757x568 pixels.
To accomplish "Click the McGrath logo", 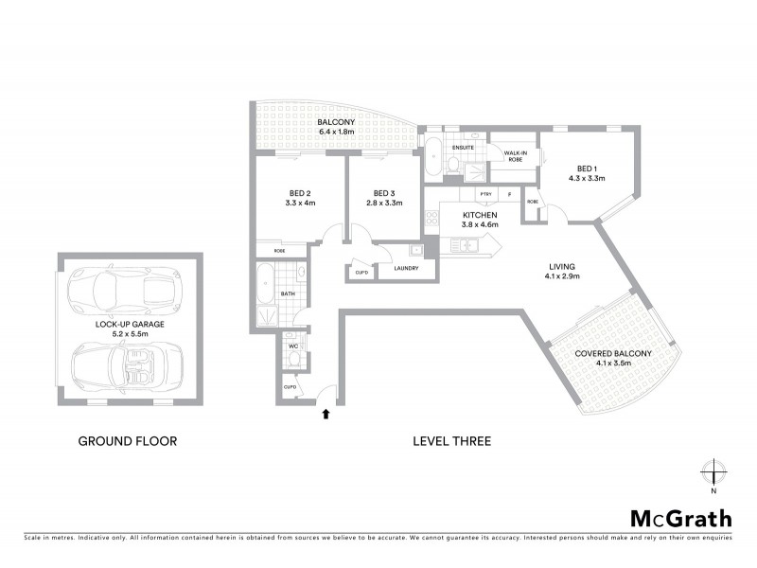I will point(680,518).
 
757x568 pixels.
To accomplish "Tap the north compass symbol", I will point(713,472).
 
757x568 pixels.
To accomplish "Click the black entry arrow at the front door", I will point(327,413).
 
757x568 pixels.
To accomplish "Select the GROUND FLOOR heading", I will point(127,441).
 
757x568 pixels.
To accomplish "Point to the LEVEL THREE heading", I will point(452,441).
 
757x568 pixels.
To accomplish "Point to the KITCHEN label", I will point(480,215).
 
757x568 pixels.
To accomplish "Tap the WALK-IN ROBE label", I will point(515,156).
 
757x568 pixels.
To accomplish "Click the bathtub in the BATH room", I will point(266,283).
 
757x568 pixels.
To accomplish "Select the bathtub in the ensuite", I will point(432,156).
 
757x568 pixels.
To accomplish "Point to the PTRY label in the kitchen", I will point(485,195).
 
